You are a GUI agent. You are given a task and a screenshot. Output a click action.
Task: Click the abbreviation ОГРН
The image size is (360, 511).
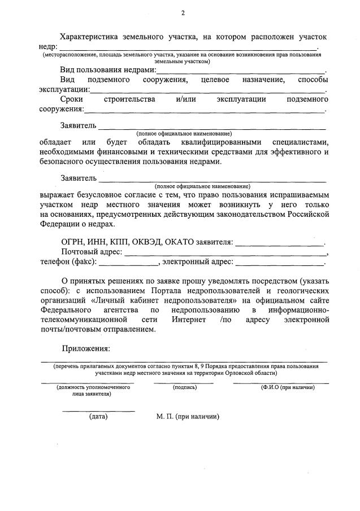(x=73, y=242)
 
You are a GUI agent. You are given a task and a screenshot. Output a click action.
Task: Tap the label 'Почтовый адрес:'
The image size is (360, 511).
(x=92, y=252)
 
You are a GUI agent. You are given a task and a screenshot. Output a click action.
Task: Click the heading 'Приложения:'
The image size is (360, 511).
(x=86, y=350)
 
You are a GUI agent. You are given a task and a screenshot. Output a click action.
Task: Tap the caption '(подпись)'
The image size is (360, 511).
(x=184, y=388)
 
